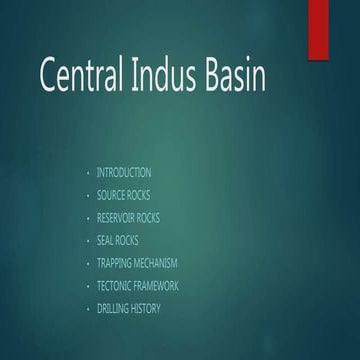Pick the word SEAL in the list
pyautogui.click(x=105, y=241)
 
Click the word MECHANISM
pyautogui.click(x=157, y=263)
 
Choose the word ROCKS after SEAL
pyautogui.click(x=127, y=241)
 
